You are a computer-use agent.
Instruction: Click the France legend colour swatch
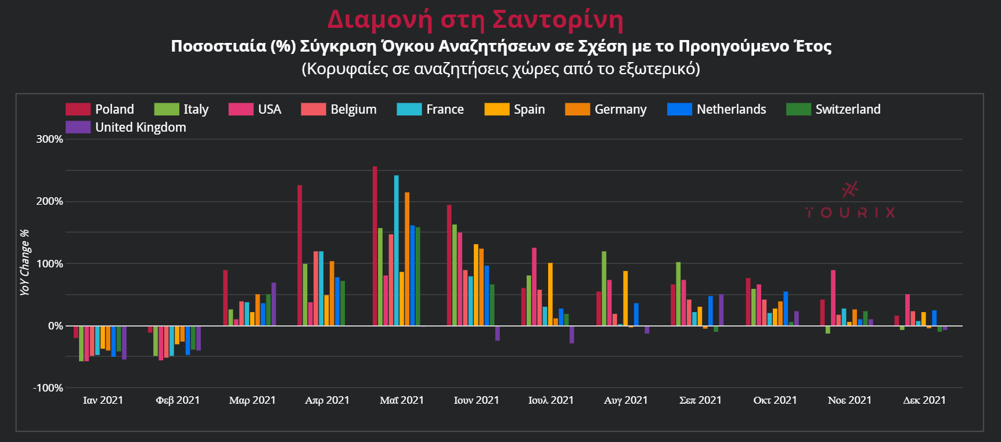click(409, 109)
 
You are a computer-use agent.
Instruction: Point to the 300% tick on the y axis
click(49, 139)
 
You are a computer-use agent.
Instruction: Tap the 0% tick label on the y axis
click(55, 326)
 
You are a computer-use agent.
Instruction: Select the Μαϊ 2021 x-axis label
click(402, 400)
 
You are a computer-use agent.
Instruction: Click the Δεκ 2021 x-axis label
click(924, 400)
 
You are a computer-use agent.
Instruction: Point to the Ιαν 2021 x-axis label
click(103, 400)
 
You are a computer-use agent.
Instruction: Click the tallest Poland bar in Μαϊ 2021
click(375, 246)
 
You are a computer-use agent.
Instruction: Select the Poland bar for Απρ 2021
click(300, 255)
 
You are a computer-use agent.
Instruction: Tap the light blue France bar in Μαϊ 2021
click(397, 250)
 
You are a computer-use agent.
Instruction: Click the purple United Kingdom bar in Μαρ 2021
click(274, 304)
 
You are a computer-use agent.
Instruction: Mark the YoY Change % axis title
click(24, 262)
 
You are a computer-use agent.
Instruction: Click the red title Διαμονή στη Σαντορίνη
click(475, 19)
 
